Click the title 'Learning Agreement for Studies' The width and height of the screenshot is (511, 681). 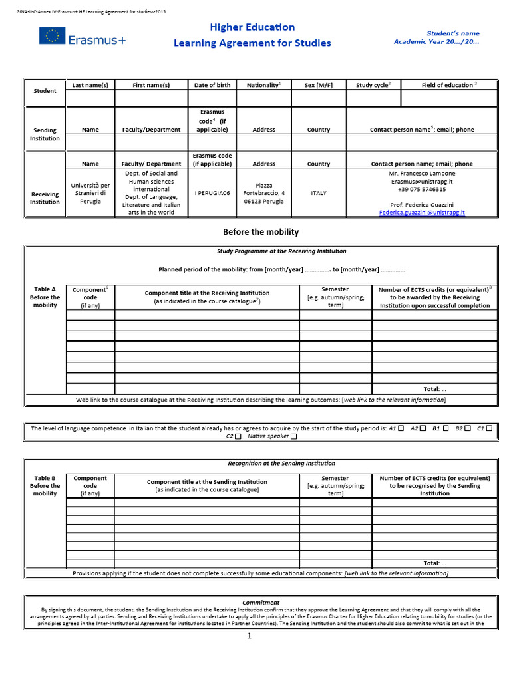pos(252,43)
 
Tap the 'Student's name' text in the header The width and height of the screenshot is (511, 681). pos(452,33)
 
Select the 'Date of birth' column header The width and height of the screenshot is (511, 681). pos(212,85)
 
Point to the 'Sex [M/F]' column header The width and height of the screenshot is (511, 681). pos(318,85)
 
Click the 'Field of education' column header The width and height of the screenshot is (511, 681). pos(449,85)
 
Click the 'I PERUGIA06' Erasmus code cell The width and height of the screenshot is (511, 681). pos(212,193)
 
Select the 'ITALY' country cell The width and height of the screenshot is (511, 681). pos(319,193)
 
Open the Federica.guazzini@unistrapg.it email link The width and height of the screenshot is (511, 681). pos(422,213)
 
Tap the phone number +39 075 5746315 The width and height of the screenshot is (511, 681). pos(422,189)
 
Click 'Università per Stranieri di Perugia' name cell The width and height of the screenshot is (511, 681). pos(90,193)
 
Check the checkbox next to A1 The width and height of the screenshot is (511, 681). pos(401,428)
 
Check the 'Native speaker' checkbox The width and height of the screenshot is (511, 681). pos(293,437)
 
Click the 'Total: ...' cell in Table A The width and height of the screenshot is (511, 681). pos(434,388)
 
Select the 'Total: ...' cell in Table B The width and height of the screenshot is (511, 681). pos(434,563)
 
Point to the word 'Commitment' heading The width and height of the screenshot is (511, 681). pos(261,603)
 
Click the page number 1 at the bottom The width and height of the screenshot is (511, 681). pos(250,636)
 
